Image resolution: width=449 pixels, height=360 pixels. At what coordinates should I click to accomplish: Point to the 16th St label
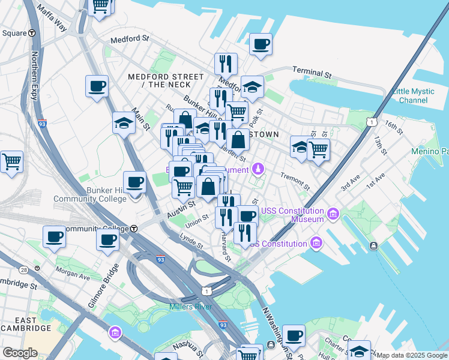pyautogui.click(x=394, y=127)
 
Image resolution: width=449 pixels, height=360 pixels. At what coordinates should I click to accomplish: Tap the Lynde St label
pyautogui.click(x=191, y=242)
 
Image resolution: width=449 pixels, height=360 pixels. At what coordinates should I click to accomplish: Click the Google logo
pyautogui.click(x=20, y=353)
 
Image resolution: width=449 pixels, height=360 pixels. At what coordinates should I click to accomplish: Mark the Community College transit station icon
pyautogui.click(x=134, y=229)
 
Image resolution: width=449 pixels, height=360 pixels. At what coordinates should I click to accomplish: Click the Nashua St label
pyautogui.click(x=182, y=345)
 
